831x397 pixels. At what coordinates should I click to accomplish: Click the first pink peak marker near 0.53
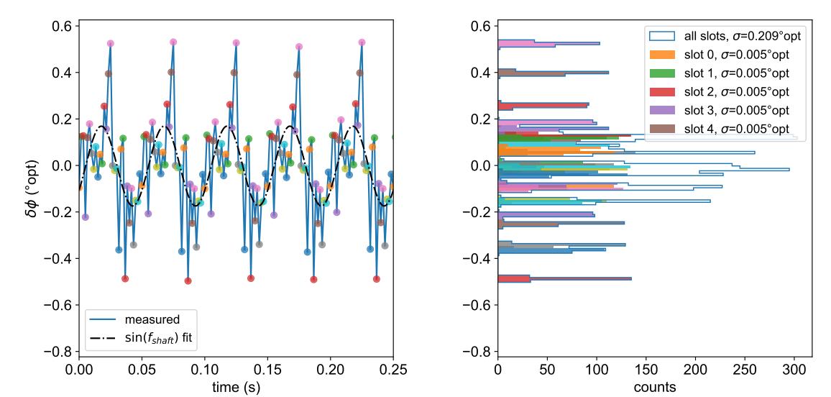(x=111, y=43)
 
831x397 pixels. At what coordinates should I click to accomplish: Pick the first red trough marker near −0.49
(x=125, y=278)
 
